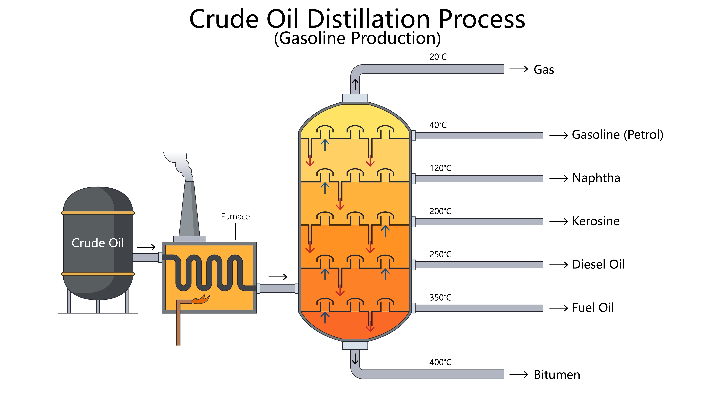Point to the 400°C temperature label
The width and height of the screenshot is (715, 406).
pyautogui.click(x=440, y=362)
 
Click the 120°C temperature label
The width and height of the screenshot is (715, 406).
pyautogui.click(x=440, y=168)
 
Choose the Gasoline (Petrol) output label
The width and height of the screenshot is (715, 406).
pyautogui.click(x=617, y=135)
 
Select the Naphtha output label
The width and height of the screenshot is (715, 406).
pyautogui.click(x=596, y=178)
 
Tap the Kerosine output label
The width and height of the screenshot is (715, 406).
pyautogui.click(x=596, y=221)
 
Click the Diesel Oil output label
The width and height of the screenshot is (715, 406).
pyautogui.click(x=598, y=264)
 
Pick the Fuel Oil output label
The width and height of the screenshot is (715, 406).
pyautogui.click(x=593, y=308)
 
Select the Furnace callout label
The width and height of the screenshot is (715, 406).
pyautogui.click(x=235, y=217)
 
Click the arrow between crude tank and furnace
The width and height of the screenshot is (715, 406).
pyautogui.click(x=146, y=247)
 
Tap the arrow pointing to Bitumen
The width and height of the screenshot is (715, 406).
pyautogui.click(x=519, y=375)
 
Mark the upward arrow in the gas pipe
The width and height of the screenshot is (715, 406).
pyautogui.click(x=355, y=84)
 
